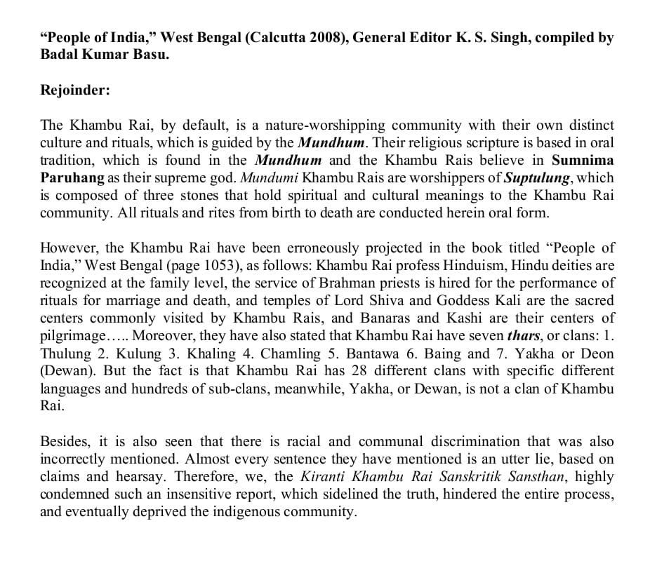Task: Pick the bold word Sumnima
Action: point(583,161)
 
